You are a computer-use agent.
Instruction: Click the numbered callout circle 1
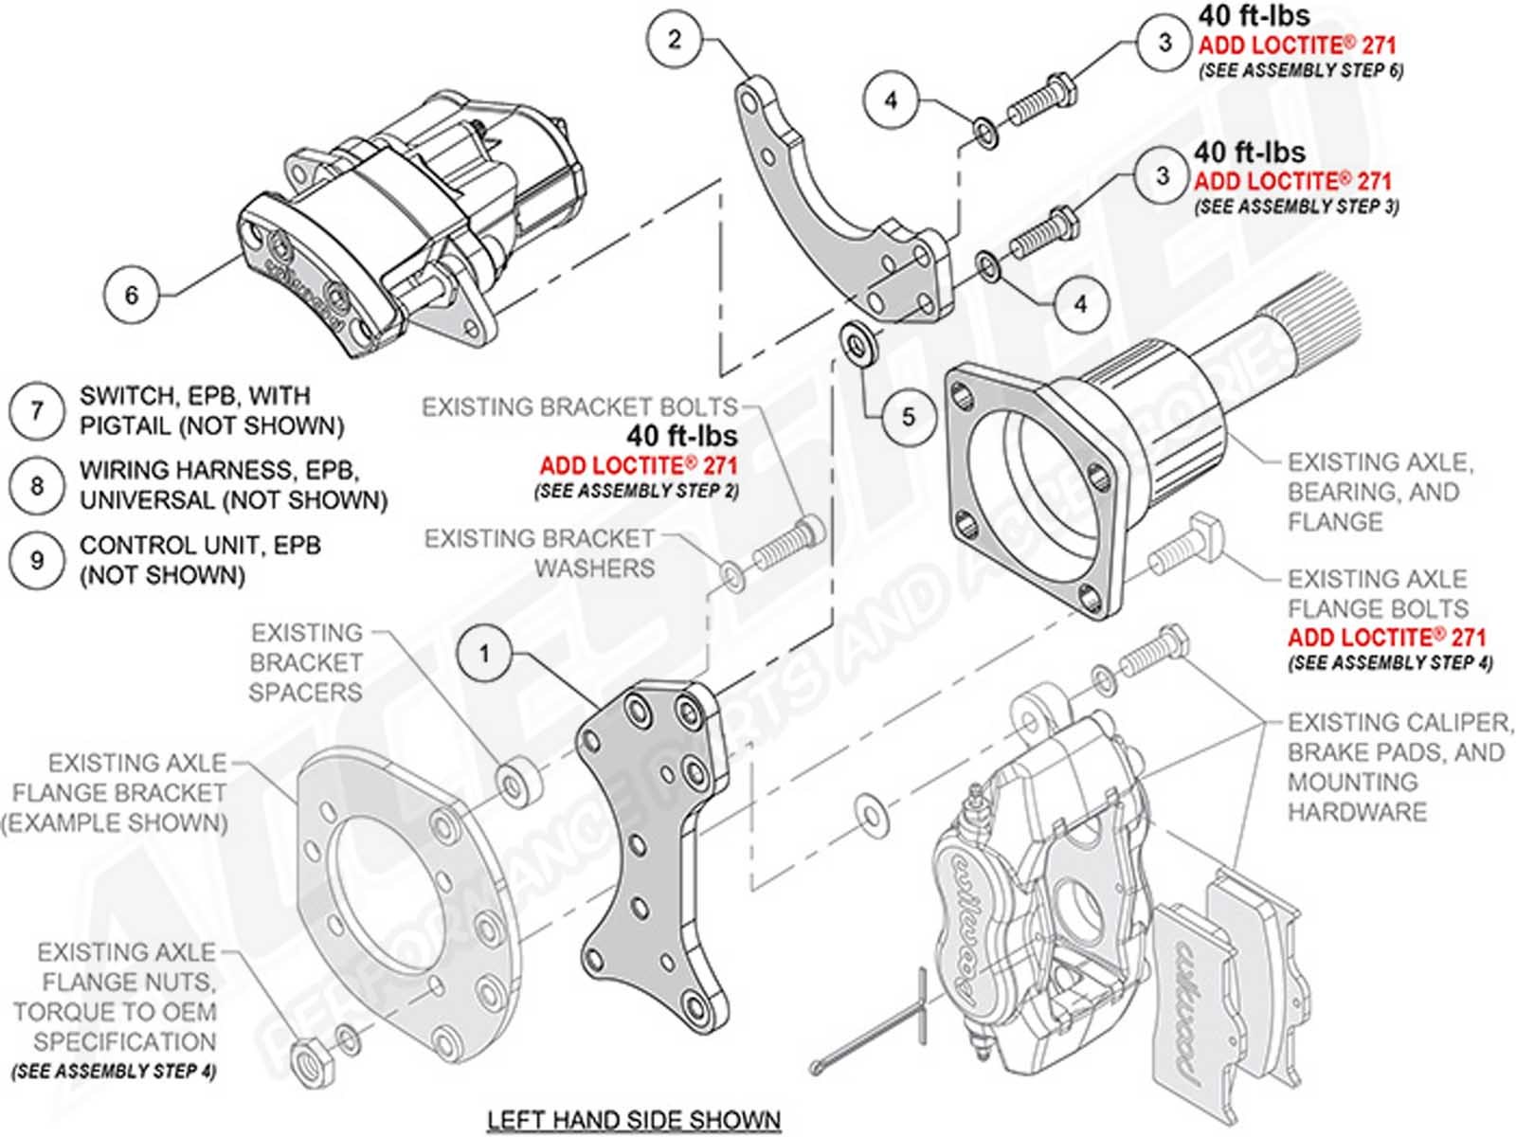[x=484, y=654]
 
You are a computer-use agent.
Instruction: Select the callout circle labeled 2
[x=674, y=39]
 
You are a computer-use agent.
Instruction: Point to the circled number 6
[x=131, y=295]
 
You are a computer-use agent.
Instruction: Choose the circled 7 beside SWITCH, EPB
[x=36, y=410]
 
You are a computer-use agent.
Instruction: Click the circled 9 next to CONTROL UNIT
[x=36, y=560]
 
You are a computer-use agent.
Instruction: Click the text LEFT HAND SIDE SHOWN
[x=633, y=1120]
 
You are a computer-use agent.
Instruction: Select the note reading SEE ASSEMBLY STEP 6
[x=1301, y=70]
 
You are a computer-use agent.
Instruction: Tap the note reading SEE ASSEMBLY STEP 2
[x=636, y=491]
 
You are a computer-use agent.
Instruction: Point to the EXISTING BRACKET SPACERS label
[x=305, y=662]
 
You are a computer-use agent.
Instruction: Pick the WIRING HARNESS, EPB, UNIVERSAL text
[x=233, y=484]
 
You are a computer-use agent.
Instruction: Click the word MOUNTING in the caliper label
[x=1352, y=782]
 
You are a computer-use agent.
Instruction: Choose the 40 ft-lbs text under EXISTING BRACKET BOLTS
[x=681, y=436]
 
